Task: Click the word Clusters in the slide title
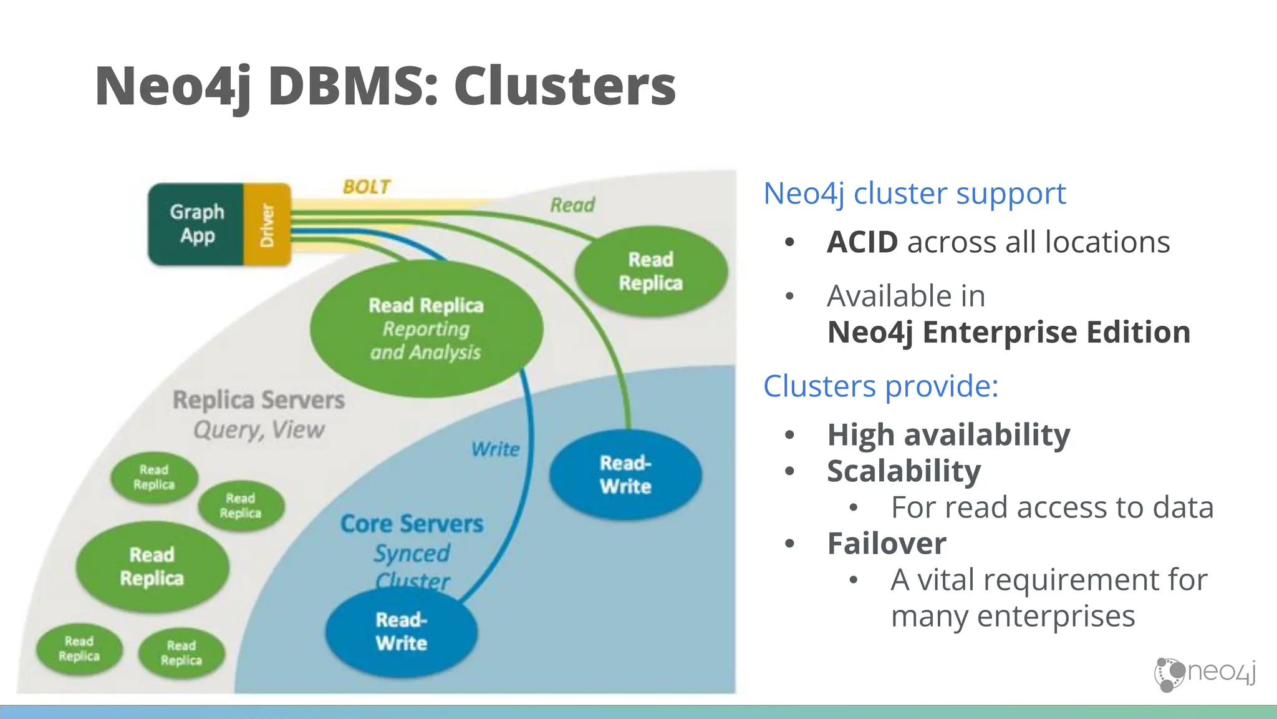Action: pos(564,86)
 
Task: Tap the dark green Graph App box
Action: pos(196,224)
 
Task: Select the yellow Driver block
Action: pos(267,225)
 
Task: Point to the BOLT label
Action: pos(367,187)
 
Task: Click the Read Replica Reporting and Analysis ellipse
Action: pos(426,329)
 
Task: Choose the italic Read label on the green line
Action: pos(572,205)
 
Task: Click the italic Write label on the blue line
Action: pos(495,449)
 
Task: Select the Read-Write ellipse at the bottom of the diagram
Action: pos(402,632)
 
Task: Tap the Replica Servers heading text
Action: pos(258,400)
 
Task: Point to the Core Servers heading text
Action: pos(412,524)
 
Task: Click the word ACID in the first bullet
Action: pos(862,242)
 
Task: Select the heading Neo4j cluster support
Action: pos(914,193)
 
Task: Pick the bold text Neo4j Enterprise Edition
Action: pos(1008,332)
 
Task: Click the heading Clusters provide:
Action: pos(880,386)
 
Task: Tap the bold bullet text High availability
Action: pos(948,435)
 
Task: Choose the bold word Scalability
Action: pos(904,471)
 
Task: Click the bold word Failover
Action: pos(886,544)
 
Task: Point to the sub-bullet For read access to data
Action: pos(1052,507)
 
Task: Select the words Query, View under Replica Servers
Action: pos(259,430)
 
